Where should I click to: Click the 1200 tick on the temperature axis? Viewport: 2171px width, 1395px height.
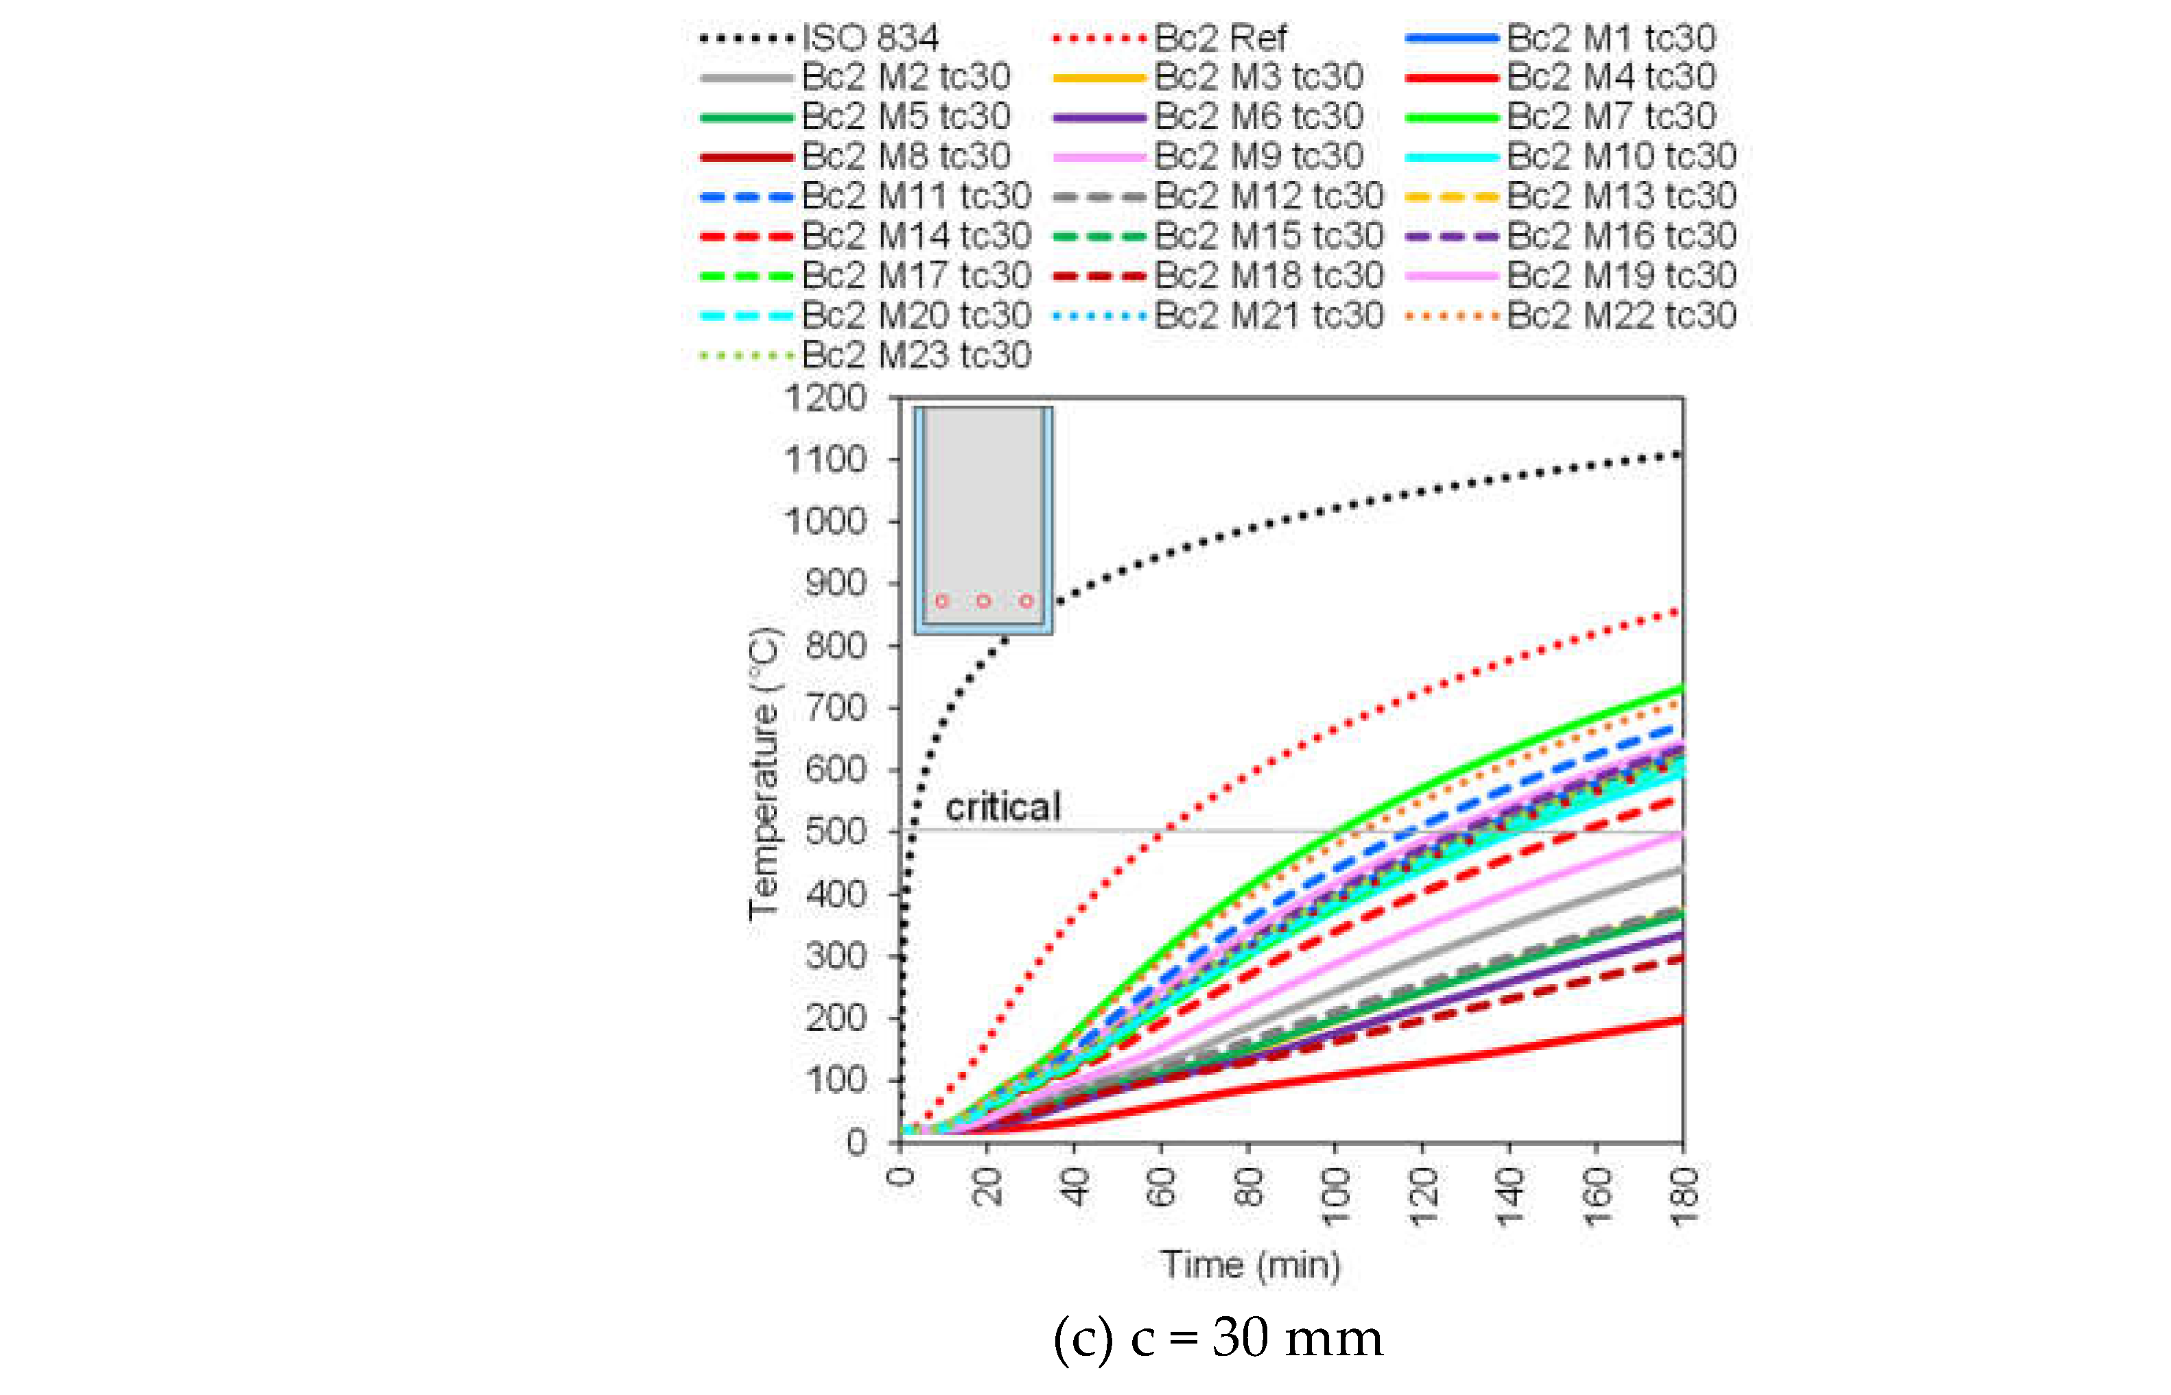(825, 398)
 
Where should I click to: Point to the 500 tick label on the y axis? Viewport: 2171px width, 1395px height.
(836, 831)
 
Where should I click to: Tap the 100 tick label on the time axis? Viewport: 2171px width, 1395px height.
(1335, 1195)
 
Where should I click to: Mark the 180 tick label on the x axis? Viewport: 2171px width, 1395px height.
(1684, 1195)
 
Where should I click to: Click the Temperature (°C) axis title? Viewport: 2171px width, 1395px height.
(763, 773)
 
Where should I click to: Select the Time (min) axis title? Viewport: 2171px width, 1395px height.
(1250, 1265)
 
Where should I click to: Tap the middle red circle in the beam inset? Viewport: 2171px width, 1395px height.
(983, 601)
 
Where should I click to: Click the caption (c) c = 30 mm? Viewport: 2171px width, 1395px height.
(1218, 1338)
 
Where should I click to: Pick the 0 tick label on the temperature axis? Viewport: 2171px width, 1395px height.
(856, 1143)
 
